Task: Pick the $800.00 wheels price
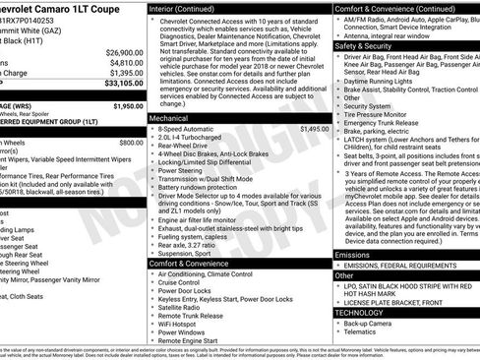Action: point(130,143)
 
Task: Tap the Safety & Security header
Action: point(363,45)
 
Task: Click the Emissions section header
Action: point(353,255)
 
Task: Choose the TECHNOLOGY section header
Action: point(358,311)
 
